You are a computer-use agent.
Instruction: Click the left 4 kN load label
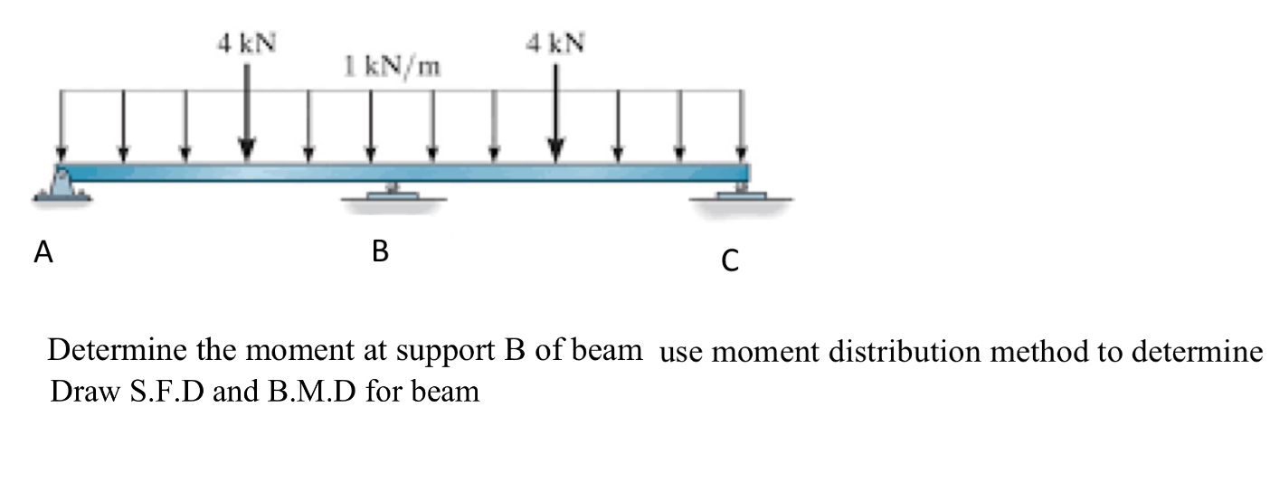(246, 42)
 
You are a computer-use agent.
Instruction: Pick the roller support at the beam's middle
(393, 194)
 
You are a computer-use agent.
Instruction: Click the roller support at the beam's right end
(741, 194)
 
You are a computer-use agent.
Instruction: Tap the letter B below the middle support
(380, 254)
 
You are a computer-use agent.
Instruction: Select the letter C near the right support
(730, 261)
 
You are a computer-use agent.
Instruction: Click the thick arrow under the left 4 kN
(246, 118)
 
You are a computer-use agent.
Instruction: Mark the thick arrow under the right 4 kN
(556, 118)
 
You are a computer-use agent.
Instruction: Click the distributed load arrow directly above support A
(62, 127)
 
